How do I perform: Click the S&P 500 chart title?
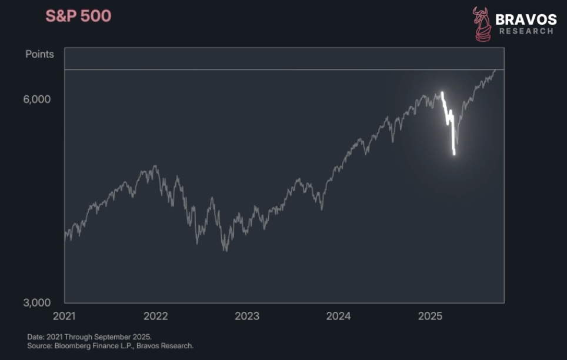78,16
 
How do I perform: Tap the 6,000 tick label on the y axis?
37,99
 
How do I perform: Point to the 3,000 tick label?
37,302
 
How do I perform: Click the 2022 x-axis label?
156,316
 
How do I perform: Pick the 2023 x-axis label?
247,316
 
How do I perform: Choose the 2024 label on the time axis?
338,316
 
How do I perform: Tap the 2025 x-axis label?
430,316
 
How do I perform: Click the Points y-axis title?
39,54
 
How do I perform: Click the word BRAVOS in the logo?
526,19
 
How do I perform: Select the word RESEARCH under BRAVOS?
526,31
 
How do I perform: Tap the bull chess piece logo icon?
482,24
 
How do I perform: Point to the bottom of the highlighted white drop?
454,154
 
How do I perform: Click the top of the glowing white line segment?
442,93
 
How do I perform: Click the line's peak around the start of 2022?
155,166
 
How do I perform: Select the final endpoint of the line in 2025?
495,70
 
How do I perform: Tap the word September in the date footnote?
119,336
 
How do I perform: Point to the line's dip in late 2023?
322,209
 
